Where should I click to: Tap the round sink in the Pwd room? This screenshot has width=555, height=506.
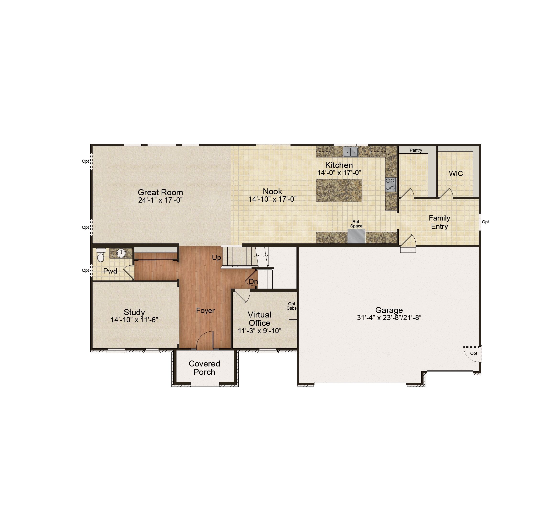tap(121, 253)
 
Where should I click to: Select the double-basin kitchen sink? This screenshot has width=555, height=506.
tap(351, 152)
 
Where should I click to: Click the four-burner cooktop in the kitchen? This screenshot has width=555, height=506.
tap(390, 184)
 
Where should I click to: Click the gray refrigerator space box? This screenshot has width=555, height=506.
tap(357, 237)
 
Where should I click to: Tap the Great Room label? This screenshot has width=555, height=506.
tap(160, 192)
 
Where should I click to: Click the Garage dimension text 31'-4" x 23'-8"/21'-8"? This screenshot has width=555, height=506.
tap(389, 318)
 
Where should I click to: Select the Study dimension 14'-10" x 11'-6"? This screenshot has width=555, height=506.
tap(134, 320)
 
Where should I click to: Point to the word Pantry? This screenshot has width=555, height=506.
tap(416, 150)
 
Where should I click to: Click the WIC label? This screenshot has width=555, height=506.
tap(456, 173)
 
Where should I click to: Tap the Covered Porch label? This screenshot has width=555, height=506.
tap(204, 368)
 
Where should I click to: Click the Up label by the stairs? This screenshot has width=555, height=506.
tap(216, 258)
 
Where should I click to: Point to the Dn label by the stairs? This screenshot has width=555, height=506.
tap(253, 282)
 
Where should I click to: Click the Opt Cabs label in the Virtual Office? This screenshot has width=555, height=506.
tap(291, 306)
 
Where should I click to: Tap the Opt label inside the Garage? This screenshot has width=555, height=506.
tap(473, 353)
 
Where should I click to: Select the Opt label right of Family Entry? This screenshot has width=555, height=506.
tap(485, 222)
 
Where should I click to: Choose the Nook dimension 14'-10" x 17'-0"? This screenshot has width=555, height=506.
tap(273, 199)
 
